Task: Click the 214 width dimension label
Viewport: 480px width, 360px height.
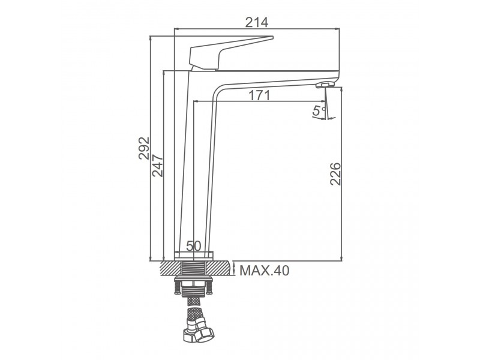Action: [257, 22]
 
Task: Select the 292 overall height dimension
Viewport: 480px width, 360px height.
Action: [144, 148]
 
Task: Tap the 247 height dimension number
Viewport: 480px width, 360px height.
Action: [158, 166]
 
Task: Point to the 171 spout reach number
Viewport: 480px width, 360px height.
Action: [259, 95]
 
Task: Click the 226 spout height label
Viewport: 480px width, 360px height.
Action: [335, 174]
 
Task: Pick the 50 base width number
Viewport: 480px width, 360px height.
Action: [193, 245]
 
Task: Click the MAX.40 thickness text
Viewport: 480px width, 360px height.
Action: [264, 271]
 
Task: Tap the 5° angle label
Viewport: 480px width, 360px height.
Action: [319, 110]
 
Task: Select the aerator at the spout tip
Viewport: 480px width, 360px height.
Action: [325, 85]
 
